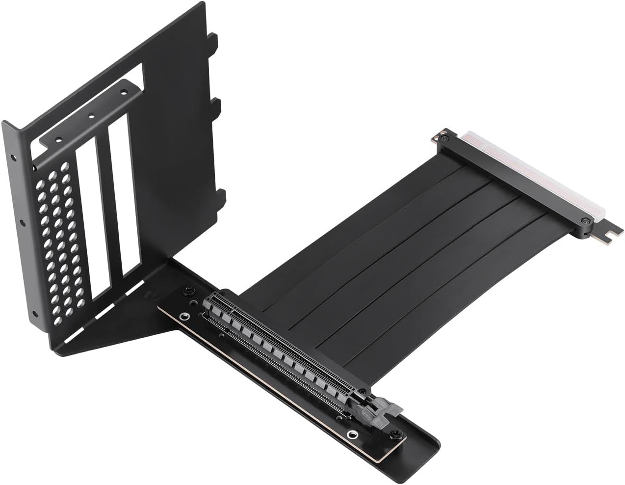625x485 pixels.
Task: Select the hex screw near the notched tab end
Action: point(586,222)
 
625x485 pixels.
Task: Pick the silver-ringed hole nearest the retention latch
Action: point(351,434)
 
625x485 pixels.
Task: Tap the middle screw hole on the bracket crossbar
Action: point(90,117)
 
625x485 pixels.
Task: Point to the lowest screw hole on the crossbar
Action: point(58,139)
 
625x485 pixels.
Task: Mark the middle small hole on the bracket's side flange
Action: point(22,223)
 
